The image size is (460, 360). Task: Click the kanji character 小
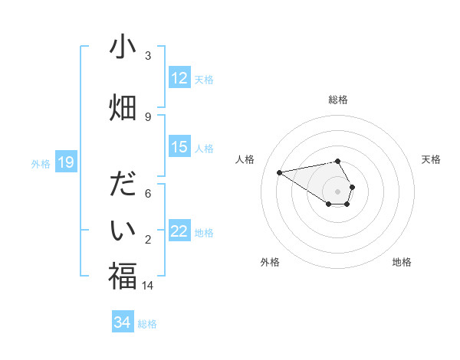[123, 48]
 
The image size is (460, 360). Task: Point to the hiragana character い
[123, 230]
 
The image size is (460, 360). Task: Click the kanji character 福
[123, 276]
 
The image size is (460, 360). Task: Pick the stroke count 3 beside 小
[148, 56]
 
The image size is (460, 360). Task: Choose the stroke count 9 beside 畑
[148, 116]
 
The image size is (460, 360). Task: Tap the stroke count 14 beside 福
[148, 286]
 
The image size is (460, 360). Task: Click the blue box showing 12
[179, 78]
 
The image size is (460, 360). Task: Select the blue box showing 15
[179, 147]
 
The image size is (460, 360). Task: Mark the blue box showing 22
[179, 231]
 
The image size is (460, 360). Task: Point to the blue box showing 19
[66, 162]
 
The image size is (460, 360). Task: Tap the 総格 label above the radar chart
[338, 100]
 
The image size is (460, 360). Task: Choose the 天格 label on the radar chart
[432, 159]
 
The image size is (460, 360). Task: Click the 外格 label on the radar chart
[270, 262]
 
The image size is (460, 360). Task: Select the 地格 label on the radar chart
[402, 262]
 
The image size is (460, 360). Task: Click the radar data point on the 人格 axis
[280, 172]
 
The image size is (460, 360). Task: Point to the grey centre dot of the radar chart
[338, 191]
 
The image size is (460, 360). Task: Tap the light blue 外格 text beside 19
[41, 163]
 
